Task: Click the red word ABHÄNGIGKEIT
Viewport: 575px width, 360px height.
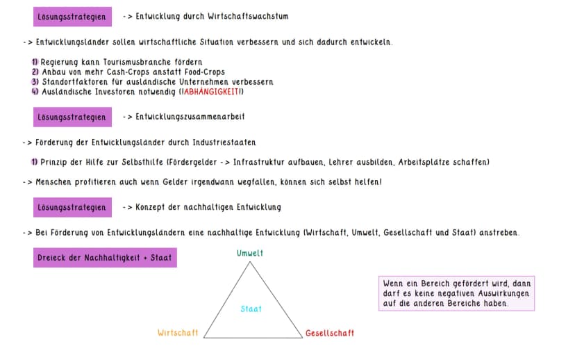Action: point(211,92)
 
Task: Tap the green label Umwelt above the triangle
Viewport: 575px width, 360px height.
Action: point(250,253)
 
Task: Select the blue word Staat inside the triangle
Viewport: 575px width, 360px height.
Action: point(251,309)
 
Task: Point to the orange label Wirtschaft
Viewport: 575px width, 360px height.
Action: point(178,333)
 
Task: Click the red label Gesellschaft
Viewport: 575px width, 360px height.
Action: point(330,333)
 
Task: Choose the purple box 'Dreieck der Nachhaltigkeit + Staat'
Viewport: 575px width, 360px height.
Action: point(105,258)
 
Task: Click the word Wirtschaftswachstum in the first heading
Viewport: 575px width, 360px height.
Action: point(248,16)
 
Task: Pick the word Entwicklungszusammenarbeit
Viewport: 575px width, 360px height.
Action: point(190,117)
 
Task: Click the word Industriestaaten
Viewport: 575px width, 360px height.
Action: point(224,142)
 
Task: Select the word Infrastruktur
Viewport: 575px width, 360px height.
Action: point(258,162)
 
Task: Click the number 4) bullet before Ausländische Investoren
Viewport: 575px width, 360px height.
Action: point(35,92)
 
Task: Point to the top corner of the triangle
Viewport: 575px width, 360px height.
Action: point(250,261)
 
